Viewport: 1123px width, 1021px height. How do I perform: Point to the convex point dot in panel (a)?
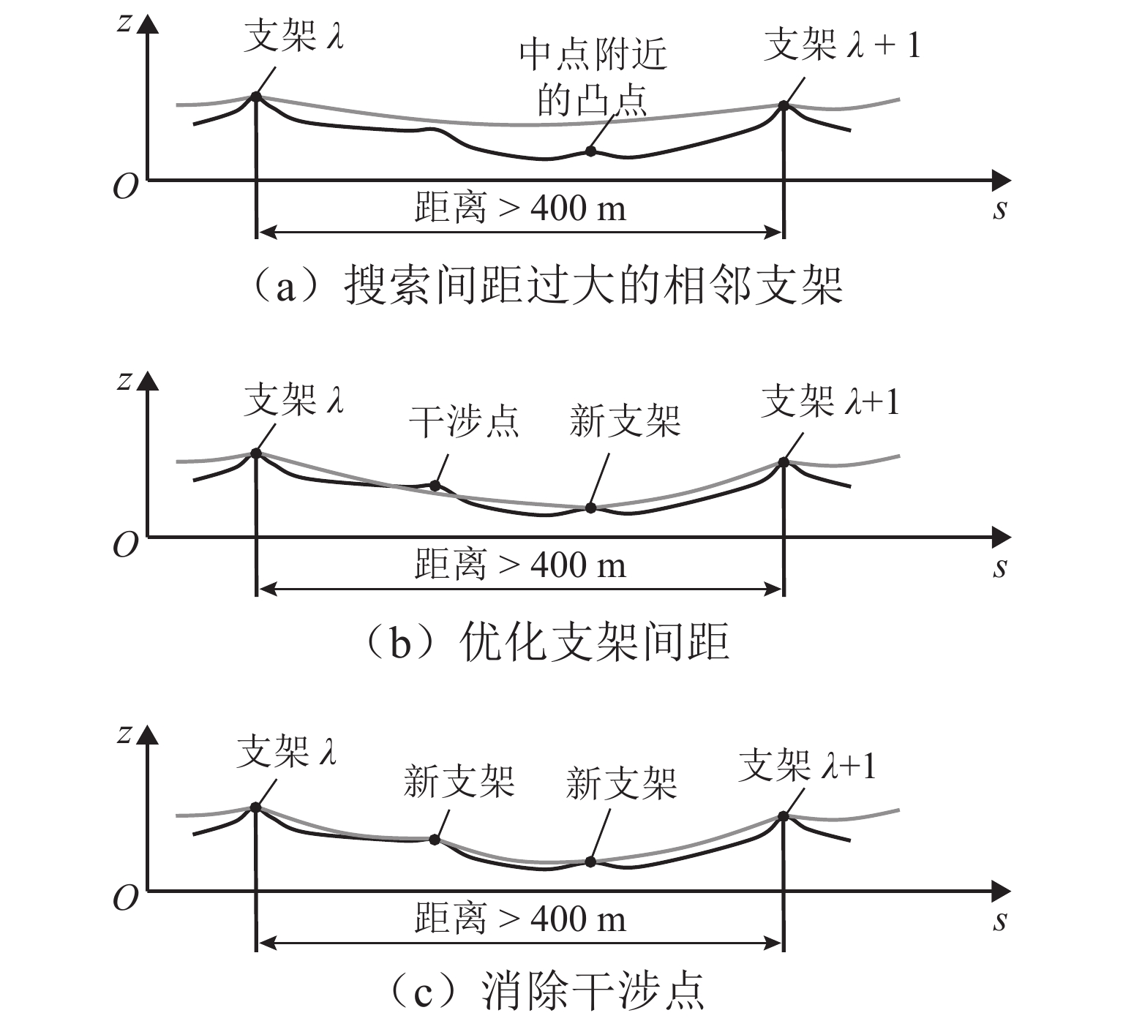pyautogui.click(x=590, y=151)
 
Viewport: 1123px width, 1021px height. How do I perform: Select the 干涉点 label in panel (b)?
pyautogui.click(x=464, y=422)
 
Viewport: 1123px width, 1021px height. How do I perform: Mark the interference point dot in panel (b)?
pyautogui.click(x=435, y=485)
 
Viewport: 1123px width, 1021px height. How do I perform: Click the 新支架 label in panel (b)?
pyautogui.click(x=625, y=422)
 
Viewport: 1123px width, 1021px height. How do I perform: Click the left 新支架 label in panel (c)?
pyautogui.click(x=459, y=782)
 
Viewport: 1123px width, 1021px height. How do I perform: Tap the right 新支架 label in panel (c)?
pyautogui.click(x=621, y=783)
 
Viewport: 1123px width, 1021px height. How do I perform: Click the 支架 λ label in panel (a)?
pyautogui.click(x=293, y=37)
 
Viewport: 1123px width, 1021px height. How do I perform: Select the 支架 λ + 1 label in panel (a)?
pyautogui.click(x=841, y=45)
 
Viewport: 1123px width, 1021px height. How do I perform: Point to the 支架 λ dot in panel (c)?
pyautogui.click(x=255, y=807)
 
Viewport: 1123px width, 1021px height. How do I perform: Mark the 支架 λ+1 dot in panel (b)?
pyautogui.click(x=784, y=462)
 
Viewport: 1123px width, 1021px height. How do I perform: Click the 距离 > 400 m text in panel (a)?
pyautogui.click(x=520, y=208)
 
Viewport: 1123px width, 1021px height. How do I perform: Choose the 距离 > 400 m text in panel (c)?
pyautogui.click(x=520, y=919)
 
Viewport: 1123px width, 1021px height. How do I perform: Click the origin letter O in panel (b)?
pyautogui.click(x=125, y=545)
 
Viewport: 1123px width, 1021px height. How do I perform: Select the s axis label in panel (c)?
pyautogui.click(x=1000, y=921)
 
